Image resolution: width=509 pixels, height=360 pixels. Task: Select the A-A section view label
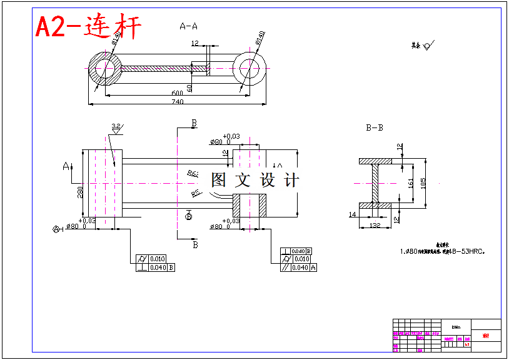coord(188,26)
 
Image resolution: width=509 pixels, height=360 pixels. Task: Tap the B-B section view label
coord(375,127)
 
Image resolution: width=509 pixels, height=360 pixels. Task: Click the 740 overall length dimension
coord(177,102)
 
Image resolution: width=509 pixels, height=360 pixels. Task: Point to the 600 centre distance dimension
coord(178,92)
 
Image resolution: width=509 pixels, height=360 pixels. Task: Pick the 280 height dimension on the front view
coord(80,192)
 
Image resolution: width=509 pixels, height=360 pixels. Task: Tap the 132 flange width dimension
coord(375,225)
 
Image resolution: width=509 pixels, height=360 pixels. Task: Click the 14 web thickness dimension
coord(352,214)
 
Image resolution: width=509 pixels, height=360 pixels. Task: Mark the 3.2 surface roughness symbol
coord(116,127)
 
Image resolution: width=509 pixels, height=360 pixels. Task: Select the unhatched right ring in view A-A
coord(251,69)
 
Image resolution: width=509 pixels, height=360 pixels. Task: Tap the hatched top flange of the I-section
coord(375,161)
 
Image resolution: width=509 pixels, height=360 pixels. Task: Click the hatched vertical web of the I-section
coord(375,183)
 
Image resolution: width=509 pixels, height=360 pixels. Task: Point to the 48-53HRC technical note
coord(443,252)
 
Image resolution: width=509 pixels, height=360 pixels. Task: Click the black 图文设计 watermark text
coord(254,181)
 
